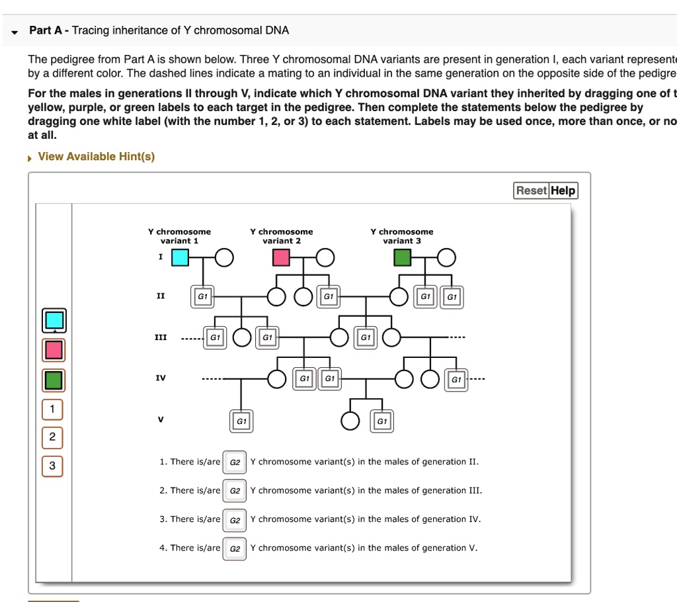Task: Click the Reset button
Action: click(531, 191)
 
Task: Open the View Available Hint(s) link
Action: click(96, 157)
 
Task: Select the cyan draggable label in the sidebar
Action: click(54, 320)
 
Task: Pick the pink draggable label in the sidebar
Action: click(54, 349)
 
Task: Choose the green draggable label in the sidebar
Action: click(54, 380)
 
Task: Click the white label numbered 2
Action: click(52, 438)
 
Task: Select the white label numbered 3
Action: click(52, 466)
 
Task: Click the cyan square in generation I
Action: click(180, 257)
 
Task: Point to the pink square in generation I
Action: click(282, 257)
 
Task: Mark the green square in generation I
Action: click(402, 257)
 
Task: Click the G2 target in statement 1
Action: click(235, 462)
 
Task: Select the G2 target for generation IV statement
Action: click(235, 520)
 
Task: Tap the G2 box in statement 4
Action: click(235, 548)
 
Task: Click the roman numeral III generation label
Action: click(161, 337)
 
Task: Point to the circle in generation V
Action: click(350, 421)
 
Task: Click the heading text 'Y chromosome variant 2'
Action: click(282, 236)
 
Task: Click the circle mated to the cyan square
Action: click(224, 257)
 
